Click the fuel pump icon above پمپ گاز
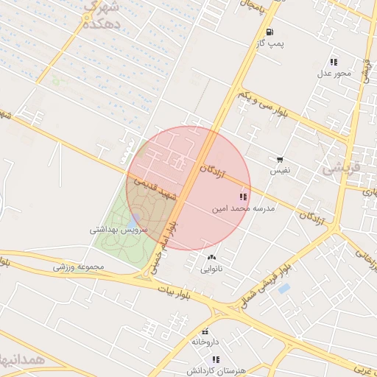pyautogui.click(x=270, y=32)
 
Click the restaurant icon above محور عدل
pyautogui.click(x=334, y=62)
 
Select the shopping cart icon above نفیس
pyautogui.click(x=280, y=160)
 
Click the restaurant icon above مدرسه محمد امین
pyautogui.click(x=243, y=197)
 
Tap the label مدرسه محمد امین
pyautogui.click(x=243, y=209)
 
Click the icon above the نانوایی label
pyautogui.click(x=212, y=257)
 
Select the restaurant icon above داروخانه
pyautogui.click(x=205, y=331)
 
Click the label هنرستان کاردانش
pyautogui.click(x=215, y=370)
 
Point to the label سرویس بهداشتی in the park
pyautogui.click(x=119, y=230)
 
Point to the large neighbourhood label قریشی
pyautogui.click(x=343, y=168)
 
